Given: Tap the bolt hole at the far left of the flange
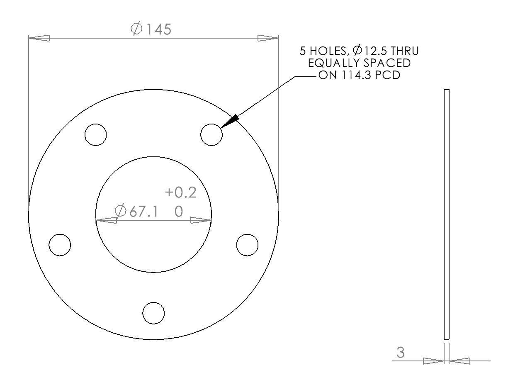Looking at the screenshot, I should (x=60, y=245).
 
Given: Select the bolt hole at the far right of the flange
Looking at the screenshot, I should (x=247, y=245).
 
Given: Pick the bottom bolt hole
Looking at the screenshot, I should (x=153, y=313).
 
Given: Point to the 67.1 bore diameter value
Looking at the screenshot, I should (x=143, y=212).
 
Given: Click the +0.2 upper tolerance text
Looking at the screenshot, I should (x=180, y=193).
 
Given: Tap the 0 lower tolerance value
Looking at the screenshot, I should (x=179, y=212).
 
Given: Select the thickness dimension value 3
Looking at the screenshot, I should (x=401, y=353).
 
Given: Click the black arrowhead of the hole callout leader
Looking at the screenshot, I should (x=231, y=121).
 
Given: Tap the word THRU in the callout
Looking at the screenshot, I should (x=405, y=51).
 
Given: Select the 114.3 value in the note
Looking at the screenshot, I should (x=352, y=76).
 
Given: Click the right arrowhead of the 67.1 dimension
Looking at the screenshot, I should (x=201, y=220).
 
